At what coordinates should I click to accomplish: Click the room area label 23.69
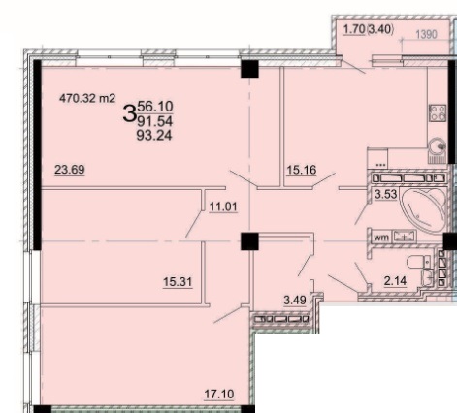click(70, 170)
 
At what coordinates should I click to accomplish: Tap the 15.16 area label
click(302, 170)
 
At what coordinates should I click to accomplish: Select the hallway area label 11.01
click(223, 206)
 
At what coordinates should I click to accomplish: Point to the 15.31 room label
click(178, 282)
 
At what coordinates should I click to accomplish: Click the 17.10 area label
click(219, 395)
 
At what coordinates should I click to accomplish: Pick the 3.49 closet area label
click(295, 301)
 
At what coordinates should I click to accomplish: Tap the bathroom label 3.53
click(385, 195)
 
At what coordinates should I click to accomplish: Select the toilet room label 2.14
click(395, 281)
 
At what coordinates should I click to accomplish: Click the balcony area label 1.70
click(354, 29)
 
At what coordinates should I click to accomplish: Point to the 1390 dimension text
click(426, 34)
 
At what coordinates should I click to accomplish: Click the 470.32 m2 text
click(87, 98)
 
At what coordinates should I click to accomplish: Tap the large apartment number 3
click(129, 113)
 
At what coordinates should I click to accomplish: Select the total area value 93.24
click(154, 135)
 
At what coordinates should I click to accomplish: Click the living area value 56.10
click(155, 107)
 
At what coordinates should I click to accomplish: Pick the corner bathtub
click(423, 209)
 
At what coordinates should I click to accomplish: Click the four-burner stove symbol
click(438, 112)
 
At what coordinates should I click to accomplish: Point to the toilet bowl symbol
click(419, 262)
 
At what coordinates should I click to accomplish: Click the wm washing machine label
click(381, 238)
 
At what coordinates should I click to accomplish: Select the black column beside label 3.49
click(249, 241)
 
